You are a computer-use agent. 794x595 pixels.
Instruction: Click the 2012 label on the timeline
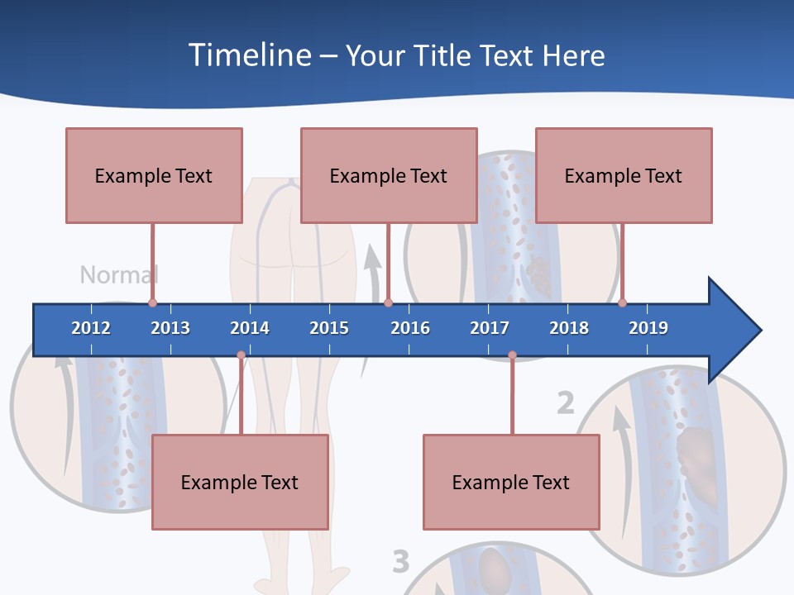click(91, 328)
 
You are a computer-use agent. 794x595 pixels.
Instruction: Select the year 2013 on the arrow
click(170, 328)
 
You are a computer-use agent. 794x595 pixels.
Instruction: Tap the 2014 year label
click(250, 328)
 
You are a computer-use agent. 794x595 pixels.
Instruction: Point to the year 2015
click(329, 328)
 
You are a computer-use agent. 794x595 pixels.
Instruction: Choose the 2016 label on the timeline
click(410, 328)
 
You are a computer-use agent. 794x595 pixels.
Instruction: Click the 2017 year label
click(490, 328)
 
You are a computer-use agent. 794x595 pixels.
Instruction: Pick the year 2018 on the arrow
click(569, 328)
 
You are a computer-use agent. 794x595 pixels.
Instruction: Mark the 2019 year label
click(648, 328)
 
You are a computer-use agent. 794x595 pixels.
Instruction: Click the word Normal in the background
click(119, 274)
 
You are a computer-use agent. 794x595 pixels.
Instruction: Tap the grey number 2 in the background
click(565, 403)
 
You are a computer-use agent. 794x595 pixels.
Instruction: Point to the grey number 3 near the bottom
click(400, 562)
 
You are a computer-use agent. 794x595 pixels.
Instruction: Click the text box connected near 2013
click(154, 175)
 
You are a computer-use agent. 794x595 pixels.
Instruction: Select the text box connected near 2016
click(389, 175)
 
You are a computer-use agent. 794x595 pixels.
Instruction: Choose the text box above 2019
click(624, 175)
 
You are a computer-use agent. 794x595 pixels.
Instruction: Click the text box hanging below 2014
click(240, 482)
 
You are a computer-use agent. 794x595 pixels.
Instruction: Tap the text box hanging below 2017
click(511, 482)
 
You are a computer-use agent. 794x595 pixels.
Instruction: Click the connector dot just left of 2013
click(152, 302)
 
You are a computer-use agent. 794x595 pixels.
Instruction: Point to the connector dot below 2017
click(512, 355)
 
